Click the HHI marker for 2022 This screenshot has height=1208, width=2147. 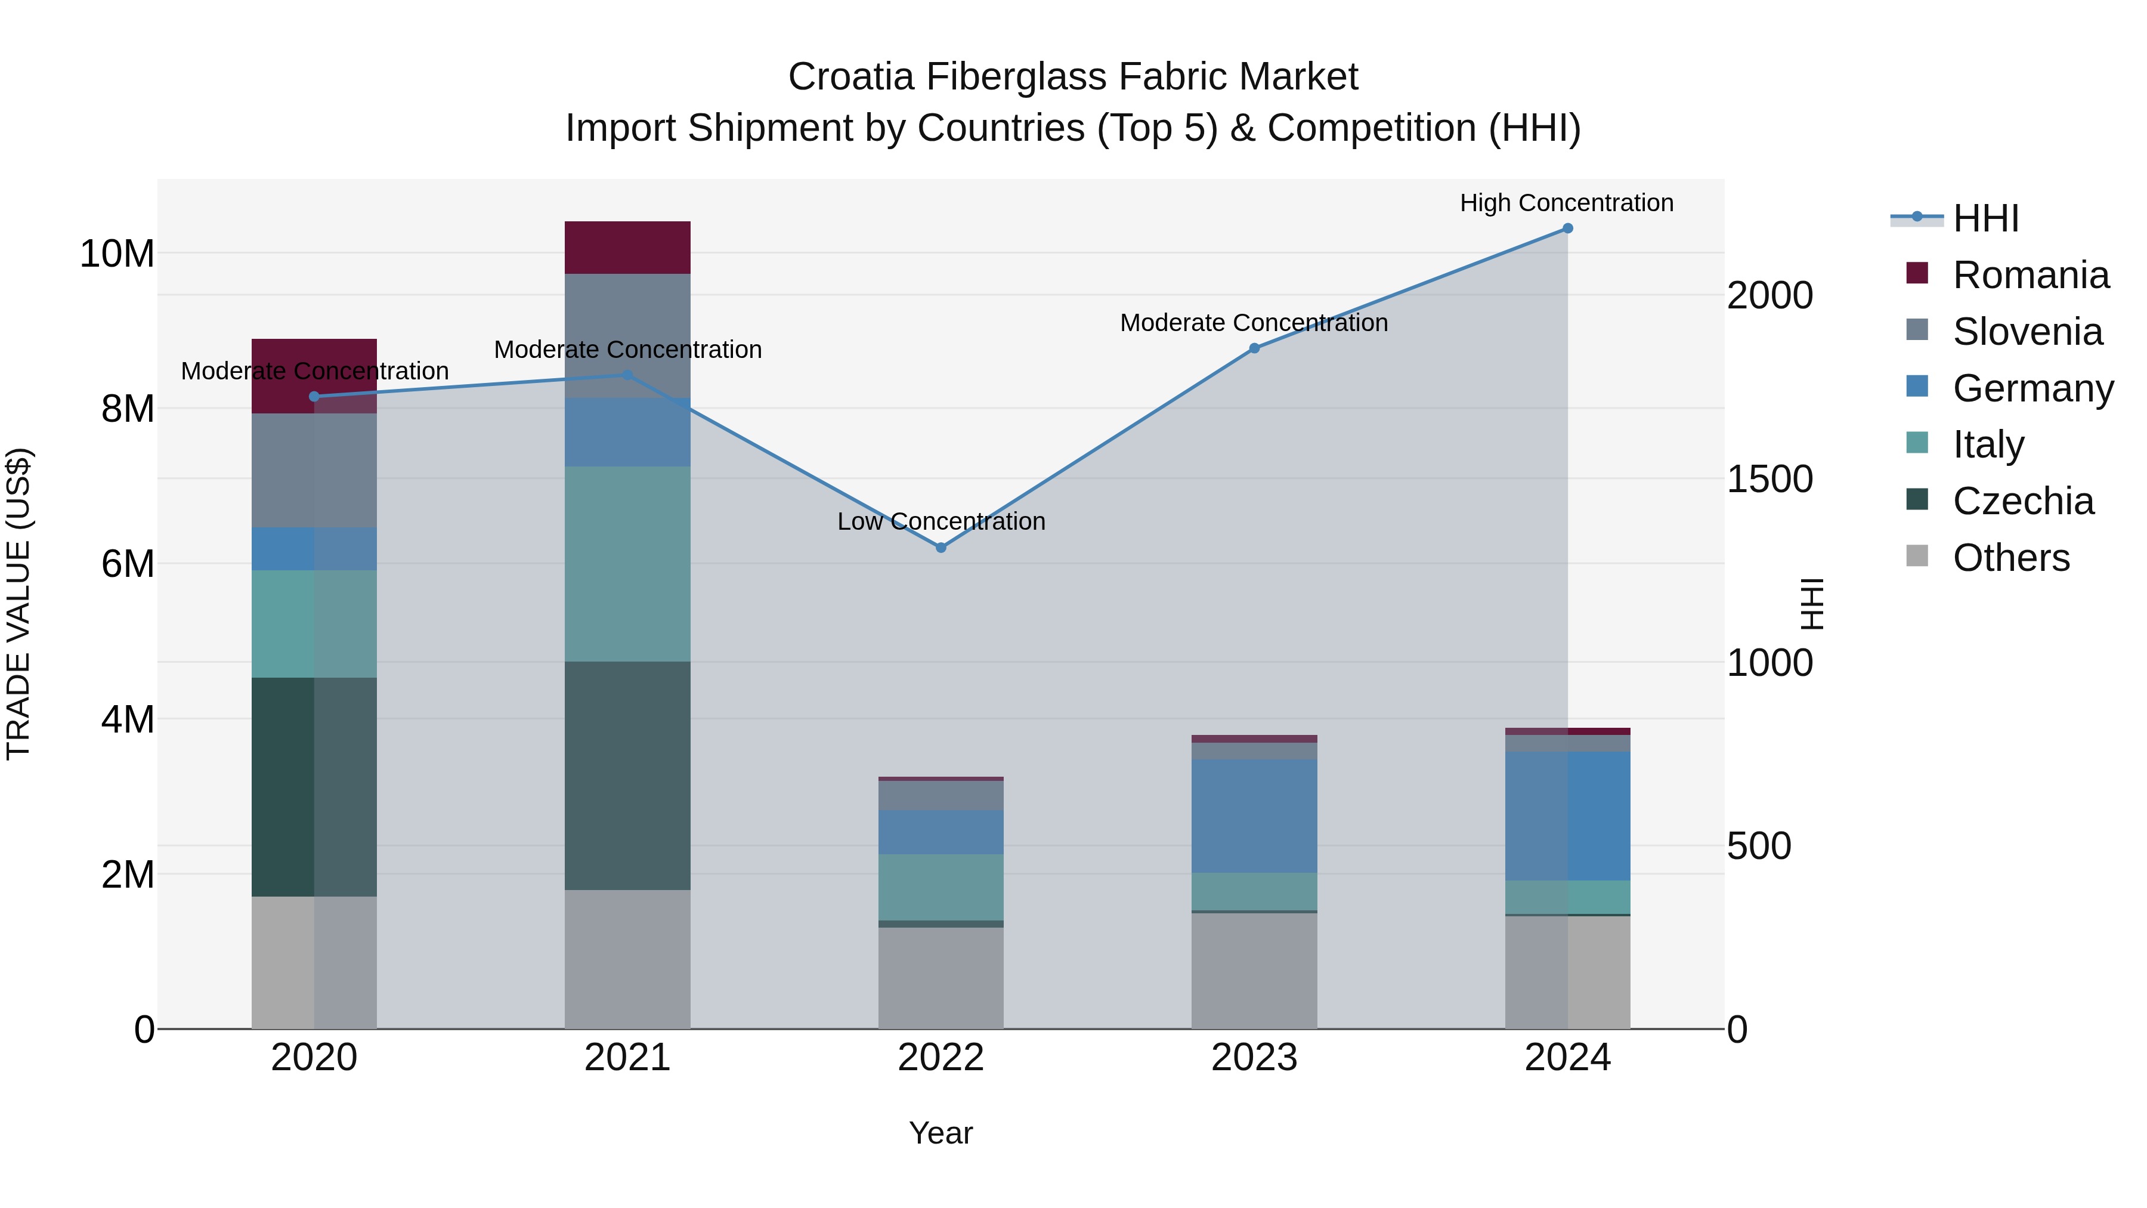[941, 548]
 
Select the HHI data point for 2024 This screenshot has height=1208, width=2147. [1568, 228]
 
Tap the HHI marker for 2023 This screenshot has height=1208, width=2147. [1254, 348]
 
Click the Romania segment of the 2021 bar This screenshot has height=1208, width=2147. [627, 248]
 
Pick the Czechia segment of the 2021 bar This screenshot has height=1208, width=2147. [627, 776]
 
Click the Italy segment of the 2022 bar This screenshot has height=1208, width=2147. [941, 887]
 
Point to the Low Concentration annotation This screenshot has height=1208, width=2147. [941, 522]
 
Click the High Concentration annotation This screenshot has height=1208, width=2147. [1567, 203]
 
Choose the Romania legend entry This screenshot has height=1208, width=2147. [2030, 275]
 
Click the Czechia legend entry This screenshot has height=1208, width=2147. [2023, 501]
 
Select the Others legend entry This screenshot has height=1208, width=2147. [2010, 558]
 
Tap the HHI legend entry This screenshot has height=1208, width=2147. [1985, 218]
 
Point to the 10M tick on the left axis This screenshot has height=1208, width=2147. [117, 254]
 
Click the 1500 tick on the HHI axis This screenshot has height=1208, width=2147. [1769, 480]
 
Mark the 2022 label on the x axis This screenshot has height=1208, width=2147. [941, 1058]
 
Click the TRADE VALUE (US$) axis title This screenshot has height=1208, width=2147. [18, 604]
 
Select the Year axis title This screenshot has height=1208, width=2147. [941, 1133]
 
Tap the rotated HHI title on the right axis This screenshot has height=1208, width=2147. [1812, 604]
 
